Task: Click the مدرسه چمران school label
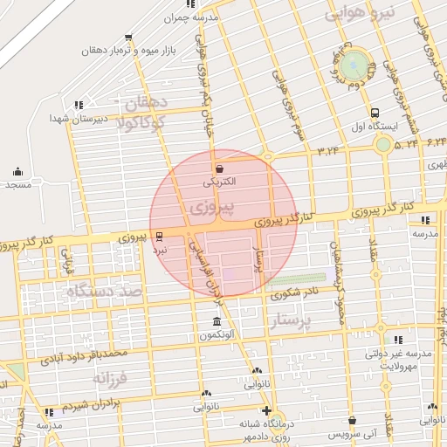click(196, 17)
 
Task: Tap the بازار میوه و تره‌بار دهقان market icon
click(129, 38)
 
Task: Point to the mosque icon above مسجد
click(17, 171)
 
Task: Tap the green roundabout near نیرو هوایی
click(355, 65)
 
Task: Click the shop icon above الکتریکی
click(218, 168)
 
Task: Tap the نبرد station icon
click(158, 236)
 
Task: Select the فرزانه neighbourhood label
click(110, 380)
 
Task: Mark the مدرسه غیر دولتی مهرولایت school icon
click(399, 340)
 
